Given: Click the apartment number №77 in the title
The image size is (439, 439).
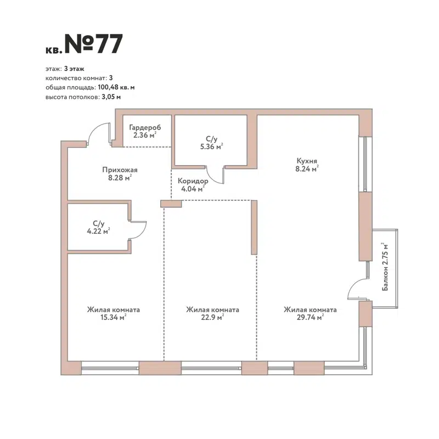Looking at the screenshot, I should click(94, 44).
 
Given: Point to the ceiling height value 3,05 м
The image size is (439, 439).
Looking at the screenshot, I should click(111, 97).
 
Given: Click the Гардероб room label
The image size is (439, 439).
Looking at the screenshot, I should click(145, 127).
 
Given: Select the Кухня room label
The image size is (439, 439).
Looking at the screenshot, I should click(307, 161).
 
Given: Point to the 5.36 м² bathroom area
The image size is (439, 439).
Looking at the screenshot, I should click(211, 147).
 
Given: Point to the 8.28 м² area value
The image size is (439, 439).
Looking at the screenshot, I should click(120, 178).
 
